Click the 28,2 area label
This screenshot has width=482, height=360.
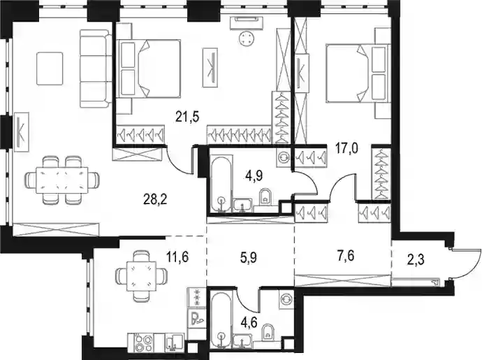coord(155,200)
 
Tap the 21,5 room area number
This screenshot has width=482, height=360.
coord(188,117)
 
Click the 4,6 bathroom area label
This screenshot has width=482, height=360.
coord(249,323)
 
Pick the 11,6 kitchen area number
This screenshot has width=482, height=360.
coord(177,256)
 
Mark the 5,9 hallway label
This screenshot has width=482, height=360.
coord(249,258)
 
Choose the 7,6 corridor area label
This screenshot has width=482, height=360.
coord(345,255)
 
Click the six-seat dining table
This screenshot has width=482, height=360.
coord(62,180)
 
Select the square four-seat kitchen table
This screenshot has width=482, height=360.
coord(141,275)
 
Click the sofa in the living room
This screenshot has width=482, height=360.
coord(96,69)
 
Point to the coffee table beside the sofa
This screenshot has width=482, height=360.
coord(50,69)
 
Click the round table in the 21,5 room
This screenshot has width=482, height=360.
coord(247,38)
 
